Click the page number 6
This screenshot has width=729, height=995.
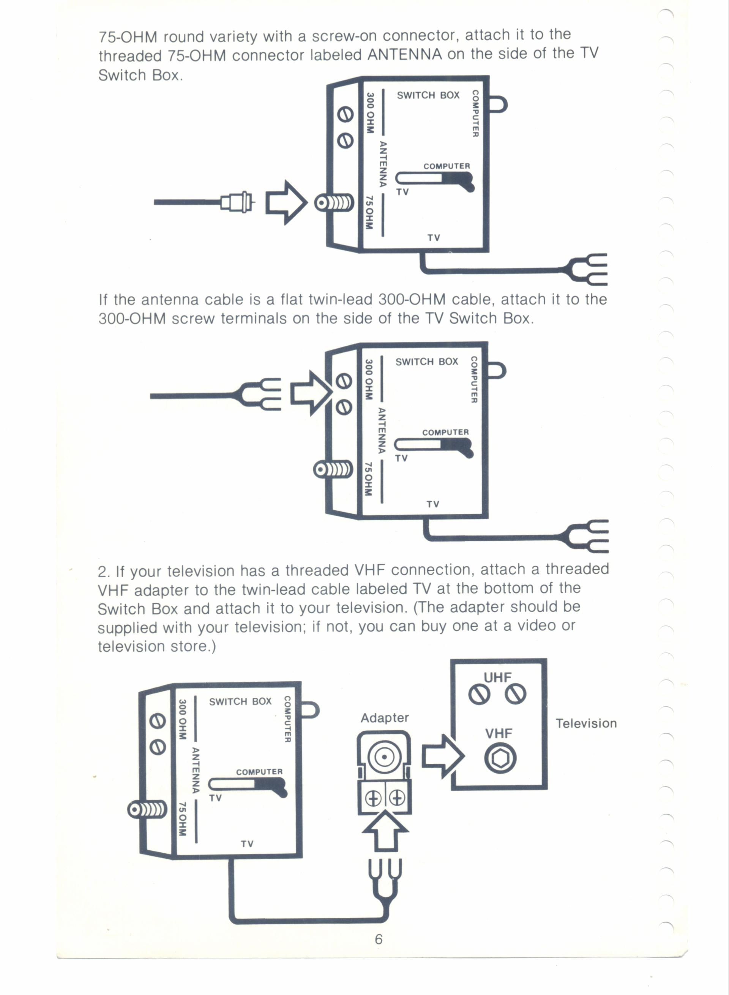[x=378, y=939]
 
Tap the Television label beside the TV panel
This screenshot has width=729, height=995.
[x=585, y=723]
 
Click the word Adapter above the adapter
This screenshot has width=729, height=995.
[x=384, y=717]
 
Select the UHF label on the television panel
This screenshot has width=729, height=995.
[x=497, y=677]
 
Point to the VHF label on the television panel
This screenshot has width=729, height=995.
[x=499, y=733]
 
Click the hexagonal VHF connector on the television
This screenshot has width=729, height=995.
[x=500, y=758]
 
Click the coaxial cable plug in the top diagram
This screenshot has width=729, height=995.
[x=238, y=202]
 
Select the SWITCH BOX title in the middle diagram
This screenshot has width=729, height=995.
[x=427, y=362]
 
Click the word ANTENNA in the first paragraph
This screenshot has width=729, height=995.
[x=405, y=55]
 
